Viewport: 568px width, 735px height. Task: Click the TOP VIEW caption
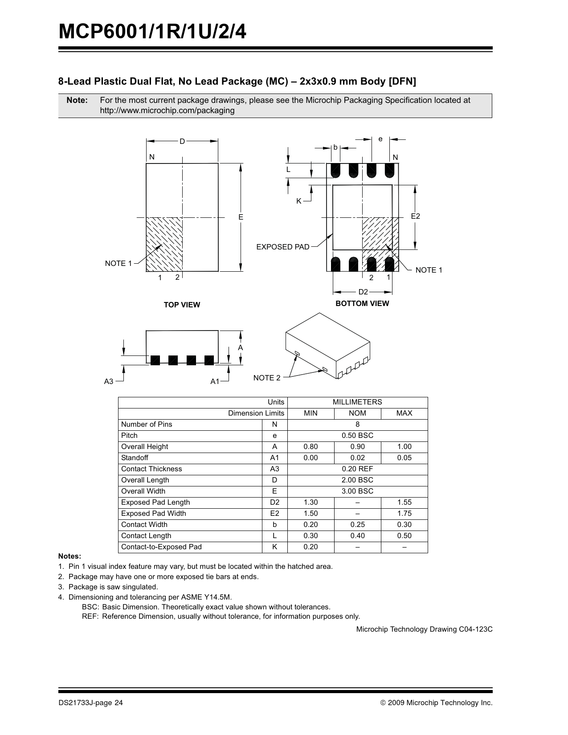[182, 305]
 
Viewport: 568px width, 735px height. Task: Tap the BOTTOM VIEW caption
[362, 303]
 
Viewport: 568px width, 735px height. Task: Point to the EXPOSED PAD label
[283, 247]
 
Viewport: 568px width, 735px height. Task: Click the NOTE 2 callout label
[267, 378]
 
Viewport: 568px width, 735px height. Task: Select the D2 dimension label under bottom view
[364, 292]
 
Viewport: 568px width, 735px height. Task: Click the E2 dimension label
[415, 216]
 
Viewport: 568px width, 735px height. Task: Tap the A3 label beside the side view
[109, 381]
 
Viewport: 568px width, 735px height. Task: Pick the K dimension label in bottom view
[299, 201]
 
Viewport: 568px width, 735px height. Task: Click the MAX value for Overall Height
[404, 447]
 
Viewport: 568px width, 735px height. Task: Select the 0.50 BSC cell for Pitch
[357, 436]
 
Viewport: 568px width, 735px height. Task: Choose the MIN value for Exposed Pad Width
[311, 514]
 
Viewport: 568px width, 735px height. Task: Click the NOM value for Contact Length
[357, 536]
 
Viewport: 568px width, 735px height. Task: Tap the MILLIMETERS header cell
[357, 402]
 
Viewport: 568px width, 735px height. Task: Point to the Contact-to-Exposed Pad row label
[161, 547]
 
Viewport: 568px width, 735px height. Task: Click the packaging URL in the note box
[167, 110]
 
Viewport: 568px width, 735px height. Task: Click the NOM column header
[357, 413]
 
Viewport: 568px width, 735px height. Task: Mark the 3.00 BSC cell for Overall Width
[357, 491]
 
